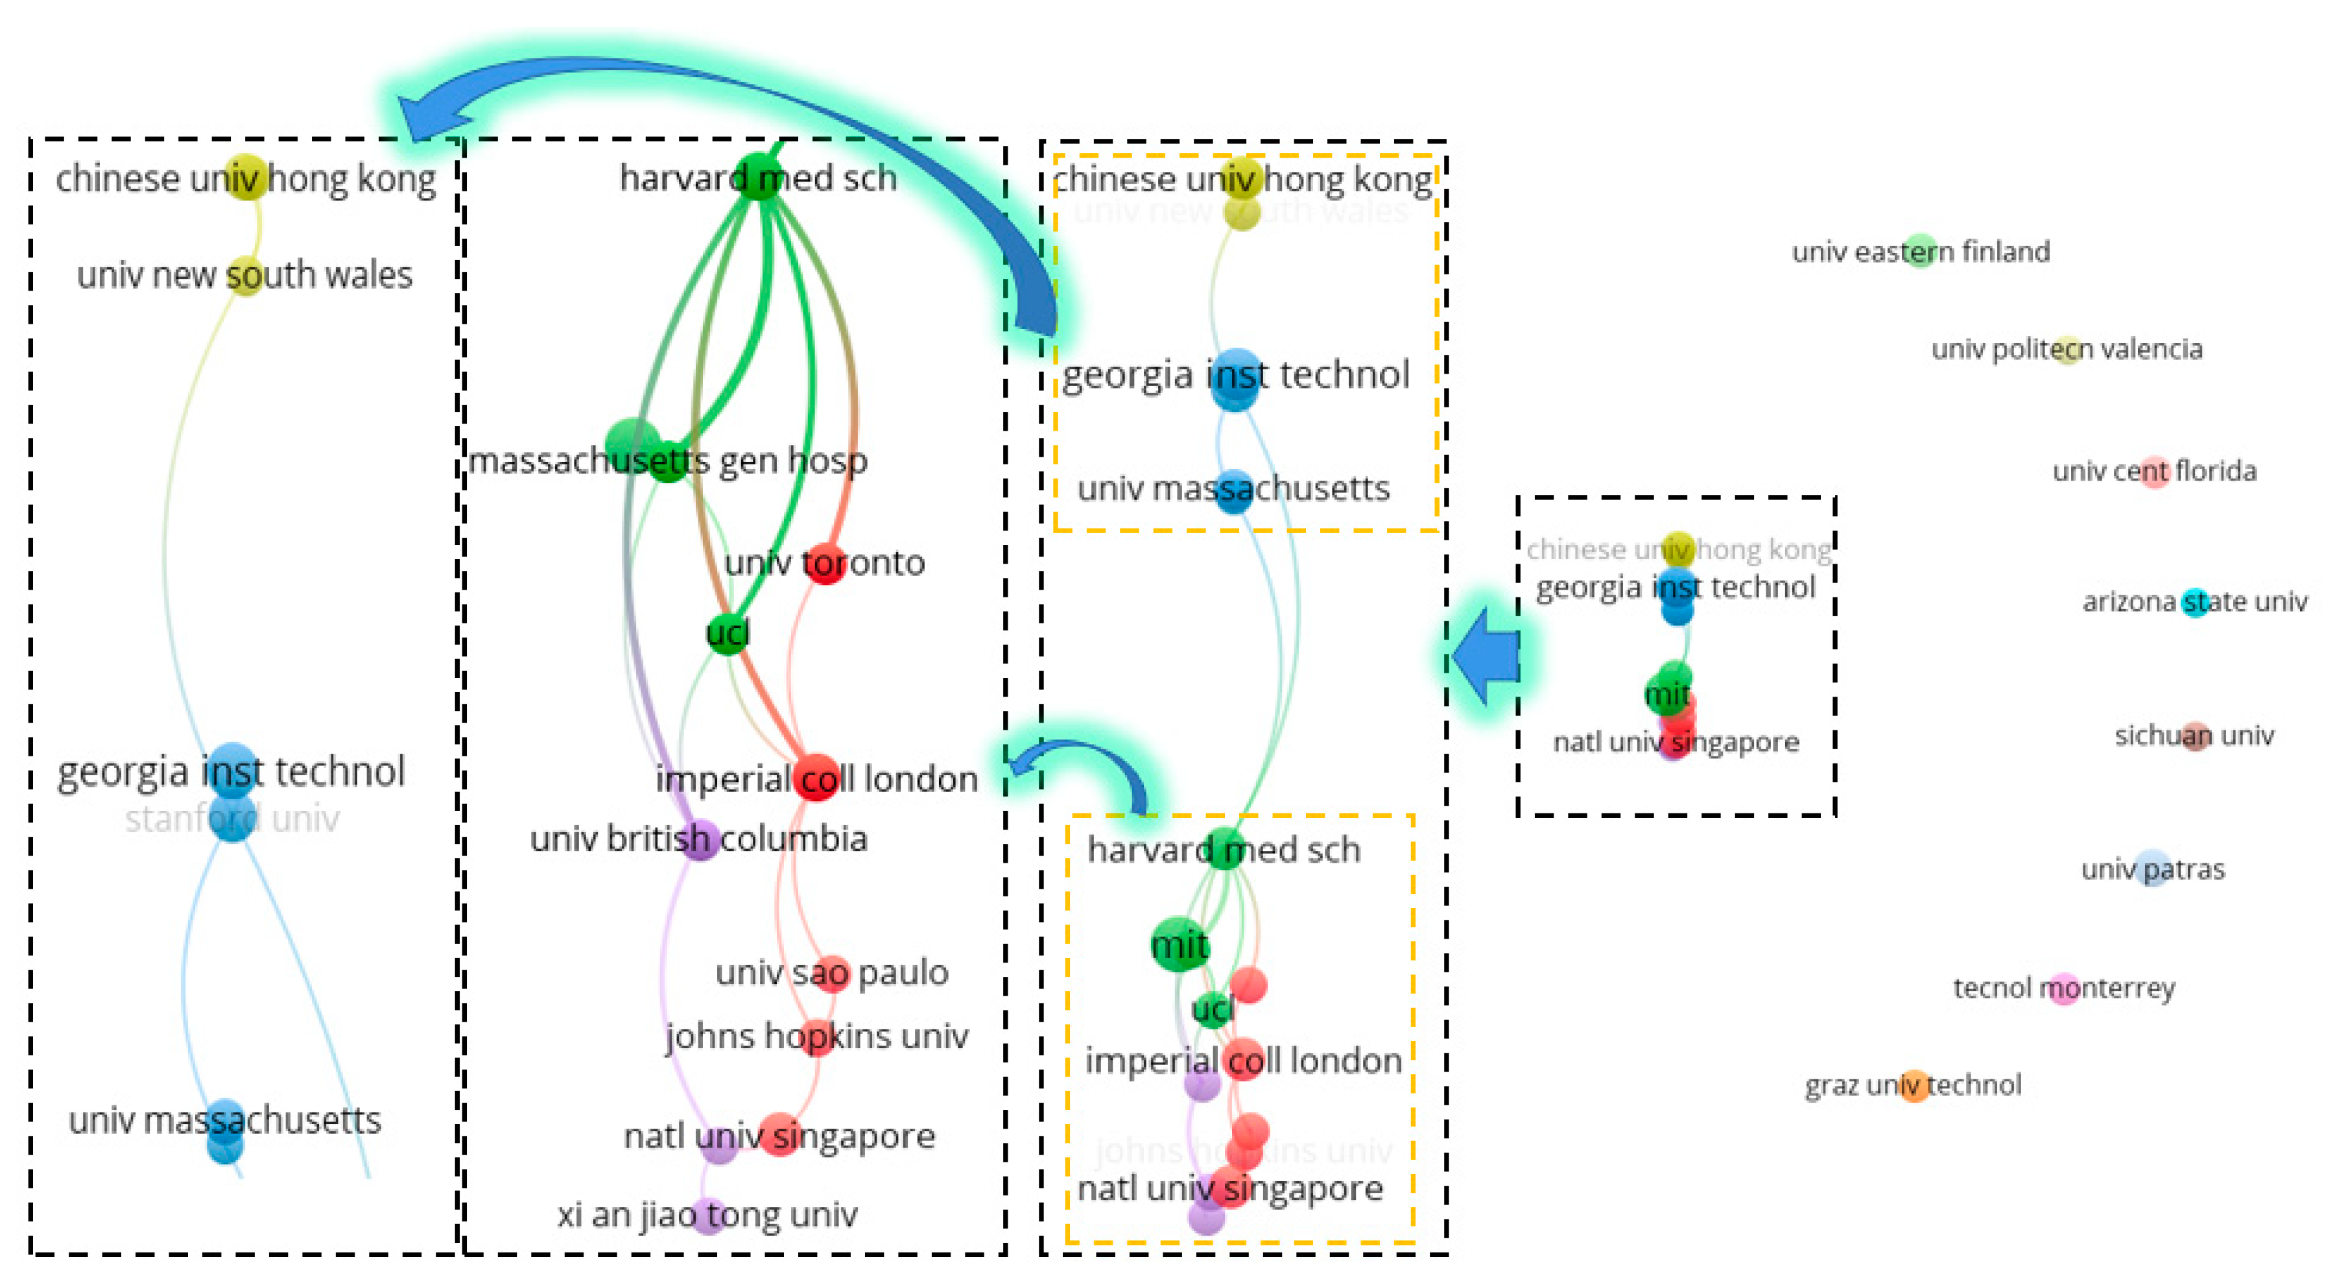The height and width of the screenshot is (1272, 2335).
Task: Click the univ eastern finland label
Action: tap(1920, 251)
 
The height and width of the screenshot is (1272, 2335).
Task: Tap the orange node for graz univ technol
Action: tap(1914, 1085)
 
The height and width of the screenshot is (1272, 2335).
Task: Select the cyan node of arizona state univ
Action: tap(2194, 601)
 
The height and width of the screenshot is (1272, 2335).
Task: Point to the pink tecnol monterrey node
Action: tap(2064, 987)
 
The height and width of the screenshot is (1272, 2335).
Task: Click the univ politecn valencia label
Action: tap(2066, 349)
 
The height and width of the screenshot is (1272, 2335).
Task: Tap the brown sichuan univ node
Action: tap(2194, 736)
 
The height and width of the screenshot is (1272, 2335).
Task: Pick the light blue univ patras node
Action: tap(2153, 869)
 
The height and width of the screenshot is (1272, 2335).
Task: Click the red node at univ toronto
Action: tap(825, 564)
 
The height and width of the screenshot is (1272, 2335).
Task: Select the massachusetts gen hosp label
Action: tap(667, 461)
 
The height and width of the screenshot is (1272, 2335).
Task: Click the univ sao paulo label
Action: tap(831, 973)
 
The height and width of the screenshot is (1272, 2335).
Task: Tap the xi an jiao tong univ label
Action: tap(707, 1215)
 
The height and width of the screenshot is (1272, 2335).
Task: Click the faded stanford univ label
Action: tap(232, 819)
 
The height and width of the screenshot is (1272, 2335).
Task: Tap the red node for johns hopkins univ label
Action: tap(818, 1037)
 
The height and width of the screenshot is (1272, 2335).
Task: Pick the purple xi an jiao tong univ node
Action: tap(709, 1215)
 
